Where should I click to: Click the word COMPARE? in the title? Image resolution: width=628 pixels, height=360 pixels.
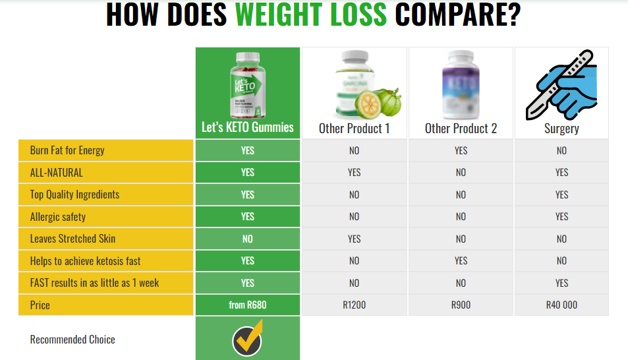click(458, 15)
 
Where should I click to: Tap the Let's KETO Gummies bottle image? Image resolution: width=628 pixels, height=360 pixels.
click(248, 85)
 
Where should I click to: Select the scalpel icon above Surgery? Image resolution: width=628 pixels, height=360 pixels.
click(561, 84)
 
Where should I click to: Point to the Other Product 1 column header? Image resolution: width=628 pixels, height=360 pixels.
click(354, 129)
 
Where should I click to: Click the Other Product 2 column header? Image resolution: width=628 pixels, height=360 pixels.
click(461, 129)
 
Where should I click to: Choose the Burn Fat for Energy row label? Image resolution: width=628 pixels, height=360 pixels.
click(67, 150)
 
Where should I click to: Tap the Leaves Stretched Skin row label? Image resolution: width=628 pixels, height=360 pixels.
click(72, 239)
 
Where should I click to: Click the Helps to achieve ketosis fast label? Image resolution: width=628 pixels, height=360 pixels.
click(85, 261)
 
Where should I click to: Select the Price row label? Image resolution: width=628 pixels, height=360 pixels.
click(40, 305)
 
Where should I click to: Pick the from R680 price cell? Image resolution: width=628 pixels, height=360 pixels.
click(248, 305)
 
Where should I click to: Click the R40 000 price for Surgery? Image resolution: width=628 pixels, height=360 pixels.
click(561, 305)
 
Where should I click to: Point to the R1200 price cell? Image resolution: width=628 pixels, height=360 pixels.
click(354, 305)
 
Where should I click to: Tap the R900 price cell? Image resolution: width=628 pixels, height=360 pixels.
click(461, 305)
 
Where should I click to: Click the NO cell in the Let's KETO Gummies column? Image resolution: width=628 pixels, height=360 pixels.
click(248, 239)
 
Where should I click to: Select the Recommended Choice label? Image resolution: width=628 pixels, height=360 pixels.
click(72, 340)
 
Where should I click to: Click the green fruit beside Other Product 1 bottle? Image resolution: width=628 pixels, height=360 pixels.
click(389, 102)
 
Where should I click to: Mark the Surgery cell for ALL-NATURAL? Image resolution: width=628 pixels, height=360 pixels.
click(561, 172)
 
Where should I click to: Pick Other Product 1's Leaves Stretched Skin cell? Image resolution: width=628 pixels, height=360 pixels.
click(354, 239)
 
